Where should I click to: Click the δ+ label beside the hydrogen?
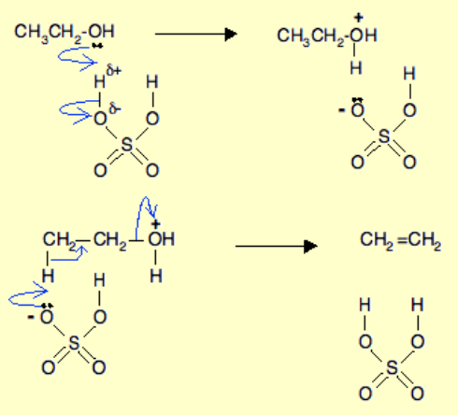click(114, 70)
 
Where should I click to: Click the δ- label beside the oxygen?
click(115, 108)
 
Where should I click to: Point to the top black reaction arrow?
click(195, 34)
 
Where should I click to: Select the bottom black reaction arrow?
click(276, 246)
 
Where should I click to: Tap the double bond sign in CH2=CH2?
click(402, 240)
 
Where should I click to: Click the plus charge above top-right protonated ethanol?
click(359, 18)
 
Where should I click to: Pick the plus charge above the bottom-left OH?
click(156, 223)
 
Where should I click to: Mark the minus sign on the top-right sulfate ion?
click(342, 109)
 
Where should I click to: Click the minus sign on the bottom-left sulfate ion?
click(31, 317)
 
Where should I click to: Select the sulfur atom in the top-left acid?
click(126, 145)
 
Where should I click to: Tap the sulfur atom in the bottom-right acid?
click(392, 367)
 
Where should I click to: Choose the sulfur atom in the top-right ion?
click(384, 136)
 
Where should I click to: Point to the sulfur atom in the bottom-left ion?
click(74, 343)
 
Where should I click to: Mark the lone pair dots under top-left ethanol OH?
click(97, 46)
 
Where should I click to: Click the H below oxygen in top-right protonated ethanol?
click(356, 67)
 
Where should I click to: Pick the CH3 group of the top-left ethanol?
click(32, 33)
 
